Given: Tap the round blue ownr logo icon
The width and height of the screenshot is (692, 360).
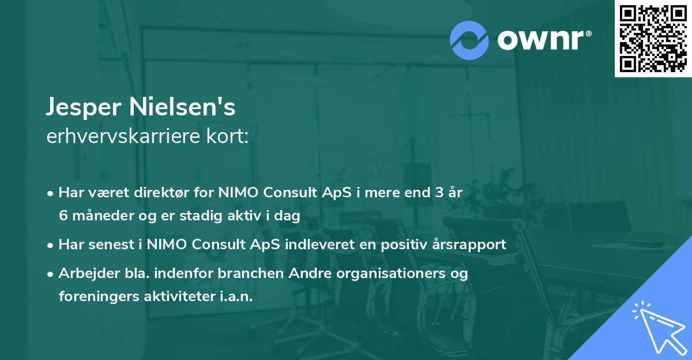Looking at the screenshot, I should (x=469, y=40).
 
